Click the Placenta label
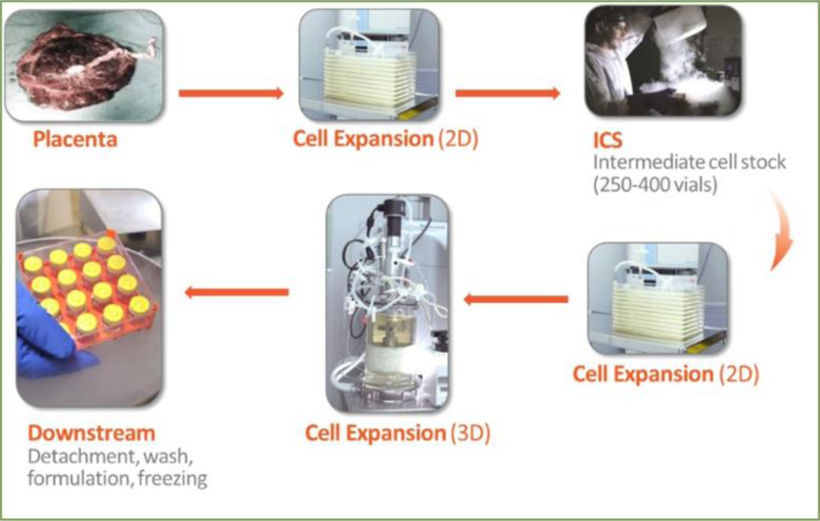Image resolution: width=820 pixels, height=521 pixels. [75, 139]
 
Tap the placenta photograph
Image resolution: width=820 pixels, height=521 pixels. [84, 66]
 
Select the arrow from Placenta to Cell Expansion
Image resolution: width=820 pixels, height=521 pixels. [231, 93]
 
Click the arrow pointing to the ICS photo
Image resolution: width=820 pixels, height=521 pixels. [507, 93]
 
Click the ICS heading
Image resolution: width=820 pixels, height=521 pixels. [608, 140]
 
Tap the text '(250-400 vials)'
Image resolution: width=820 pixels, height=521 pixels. [655, 184]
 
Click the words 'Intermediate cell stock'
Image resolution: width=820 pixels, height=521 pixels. [690, 162]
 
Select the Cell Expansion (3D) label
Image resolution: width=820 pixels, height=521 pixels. [398, 434]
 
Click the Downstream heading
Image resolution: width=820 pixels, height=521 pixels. [92, 433]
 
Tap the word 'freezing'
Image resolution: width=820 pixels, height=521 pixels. [173, 479]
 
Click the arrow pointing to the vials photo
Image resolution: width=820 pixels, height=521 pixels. [236, 293]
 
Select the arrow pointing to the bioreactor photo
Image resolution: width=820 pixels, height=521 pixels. [516, 300]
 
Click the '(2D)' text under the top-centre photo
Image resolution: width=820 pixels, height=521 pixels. [458, 138]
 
